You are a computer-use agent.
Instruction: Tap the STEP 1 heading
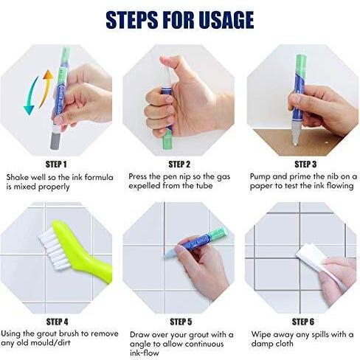click(56, 165)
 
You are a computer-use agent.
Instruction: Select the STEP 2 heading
click(179, 165)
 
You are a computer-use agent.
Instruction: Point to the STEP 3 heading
click(305, 165)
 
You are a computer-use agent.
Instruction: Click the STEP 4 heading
click(58, 322)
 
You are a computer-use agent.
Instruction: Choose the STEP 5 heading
click(181, 322)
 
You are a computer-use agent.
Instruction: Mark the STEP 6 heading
click(303, 322)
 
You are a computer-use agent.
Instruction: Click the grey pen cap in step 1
click(55, 141)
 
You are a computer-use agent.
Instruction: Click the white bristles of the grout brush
click(53, 249)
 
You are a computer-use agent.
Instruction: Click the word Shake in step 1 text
click(16, 177)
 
